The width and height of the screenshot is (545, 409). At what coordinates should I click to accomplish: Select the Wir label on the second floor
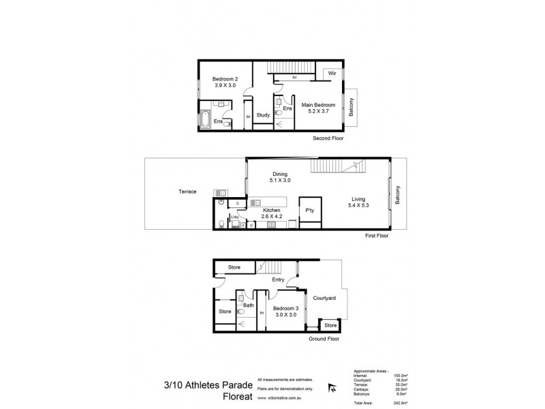click(332, 72)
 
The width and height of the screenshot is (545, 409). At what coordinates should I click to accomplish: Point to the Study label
click(264, 115)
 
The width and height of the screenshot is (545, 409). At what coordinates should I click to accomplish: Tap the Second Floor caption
click(329, 138)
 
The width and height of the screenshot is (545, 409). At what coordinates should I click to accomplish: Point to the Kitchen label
click(272, 211)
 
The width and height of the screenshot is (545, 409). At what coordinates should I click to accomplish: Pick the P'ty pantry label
click(309, 209)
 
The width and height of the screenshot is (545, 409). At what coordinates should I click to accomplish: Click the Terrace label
click(187, 192)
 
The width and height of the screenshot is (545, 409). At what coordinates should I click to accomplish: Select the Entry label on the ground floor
click(278, 279)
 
